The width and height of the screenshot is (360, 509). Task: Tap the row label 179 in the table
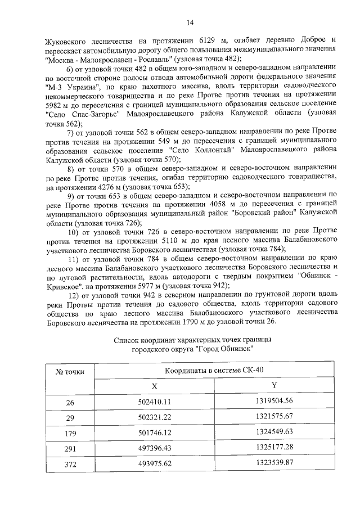70,433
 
